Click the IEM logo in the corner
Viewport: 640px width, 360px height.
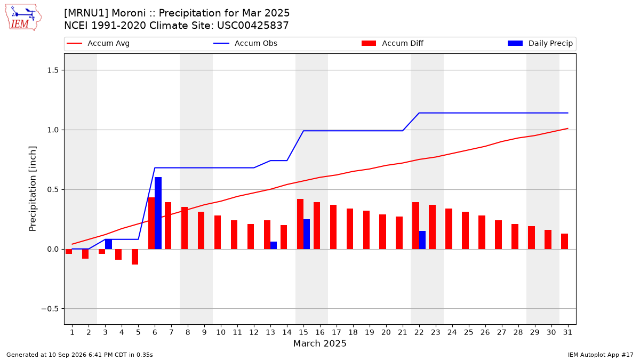pyautogui.click(x=23, y=18)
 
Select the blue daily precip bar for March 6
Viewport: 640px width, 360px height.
pyautogui.click(x=158, y=213)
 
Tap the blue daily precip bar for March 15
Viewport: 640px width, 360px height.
pyautogui.click(x=307, y=234)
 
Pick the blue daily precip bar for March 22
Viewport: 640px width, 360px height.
pyautogui.click(x=422, y=240)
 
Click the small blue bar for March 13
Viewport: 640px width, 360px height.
pyautogui.click(x=274, y=245)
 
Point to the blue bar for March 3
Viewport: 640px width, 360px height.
pyautogui.click(x=108, y=244)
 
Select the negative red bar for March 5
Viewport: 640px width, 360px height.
pyautogui.click(x=135, y=257)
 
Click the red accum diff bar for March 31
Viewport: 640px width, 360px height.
pyautogui.click(x=564, y=242)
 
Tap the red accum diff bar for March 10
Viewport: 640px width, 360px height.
pyautogui.click(x=218, y=233)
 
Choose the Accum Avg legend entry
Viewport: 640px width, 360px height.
pyautogui.click(x=98, y=43)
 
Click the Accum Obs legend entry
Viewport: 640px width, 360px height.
pyautogui.click(x=245, y=43)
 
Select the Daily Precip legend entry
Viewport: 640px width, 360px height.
pyautogui.click(x=540, y=43)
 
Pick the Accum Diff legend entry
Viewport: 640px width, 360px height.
pyautogui.click(x=393, y=43)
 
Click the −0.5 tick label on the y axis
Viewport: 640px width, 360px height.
pyautogui.click(x=50, y=309)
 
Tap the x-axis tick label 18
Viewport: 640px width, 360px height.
pyautogui.click(x=353, y=332)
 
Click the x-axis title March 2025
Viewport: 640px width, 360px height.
pyautogui.click(x=319, y=343)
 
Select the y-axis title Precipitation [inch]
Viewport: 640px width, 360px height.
pyautogui.click(x=33, y=189)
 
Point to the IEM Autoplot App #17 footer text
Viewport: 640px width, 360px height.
pyautogui.click(x=601, y=355)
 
